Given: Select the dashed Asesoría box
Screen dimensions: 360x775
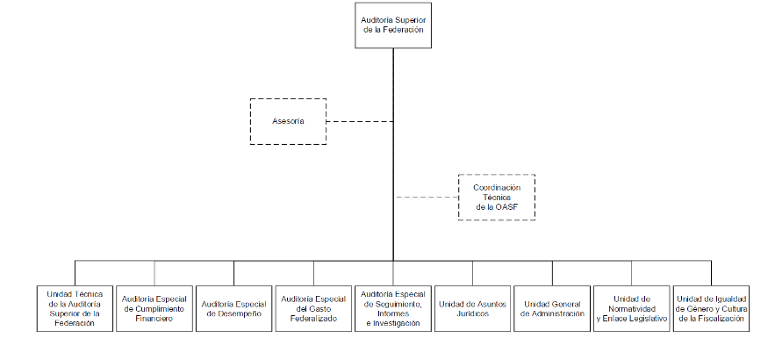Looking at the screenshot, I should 288,121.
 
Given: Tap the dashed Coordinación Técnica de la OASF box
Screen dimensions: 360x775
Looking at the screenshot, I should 497,198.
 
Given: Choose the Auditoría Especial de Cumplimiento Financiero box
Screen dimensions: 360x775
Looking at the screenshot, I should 154,307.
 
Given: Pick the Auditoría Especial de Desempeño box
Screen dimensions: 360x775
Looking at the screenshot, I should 233,307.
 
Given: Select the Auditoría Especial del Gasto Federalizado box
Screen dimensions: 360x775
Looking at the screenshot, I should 313,307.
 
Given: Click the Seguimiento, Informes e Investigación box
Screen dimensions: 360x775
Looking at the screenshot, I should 393,307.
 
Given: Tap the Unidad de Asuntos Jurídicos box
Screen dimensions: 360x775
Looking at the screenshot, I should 472,307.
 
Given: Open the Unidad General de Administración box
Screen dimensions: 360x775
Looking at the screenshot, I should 552,307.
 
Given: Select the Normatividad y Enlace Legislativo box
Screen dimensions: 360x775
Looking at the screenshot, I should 632,307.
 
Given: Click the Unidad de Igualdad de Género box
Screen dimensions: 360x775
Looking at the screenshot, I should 712,307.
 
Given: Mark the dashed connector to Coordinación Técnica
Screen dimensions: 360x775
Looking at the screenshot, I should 426,198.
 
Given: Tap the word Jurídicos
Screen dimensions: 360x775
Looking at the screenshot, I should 472,313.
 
